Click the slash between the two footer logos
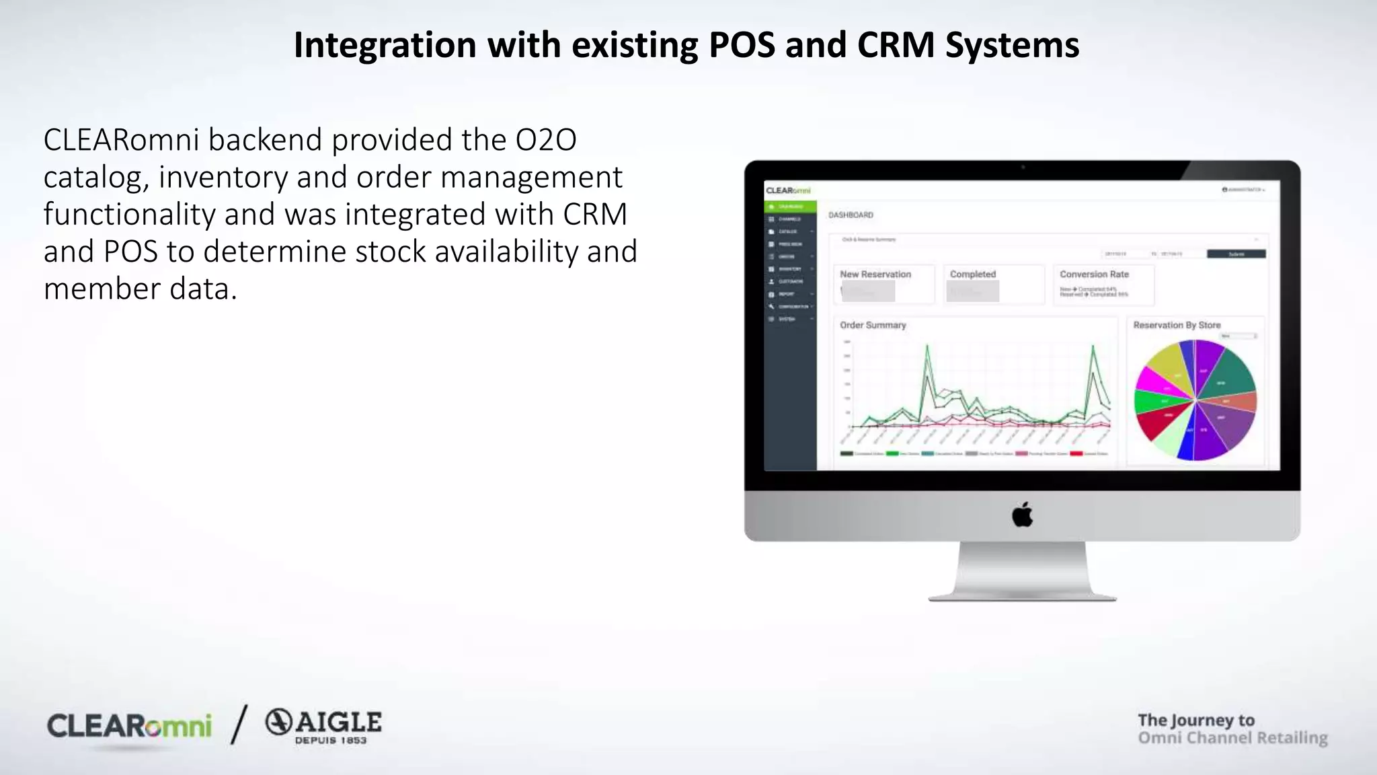point(239,725)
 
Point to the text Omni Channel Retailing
point(1232,738)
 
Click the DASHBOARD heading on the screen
point(851,215)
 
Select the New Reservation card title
point(875,274)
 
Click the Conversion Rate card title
point(1094,274)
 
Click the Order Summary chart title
point(873,325)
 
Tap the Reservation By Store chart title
point(1177,325)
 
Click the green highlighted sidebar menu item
point(790,207)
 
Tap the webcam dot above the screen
point(1023,167)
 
